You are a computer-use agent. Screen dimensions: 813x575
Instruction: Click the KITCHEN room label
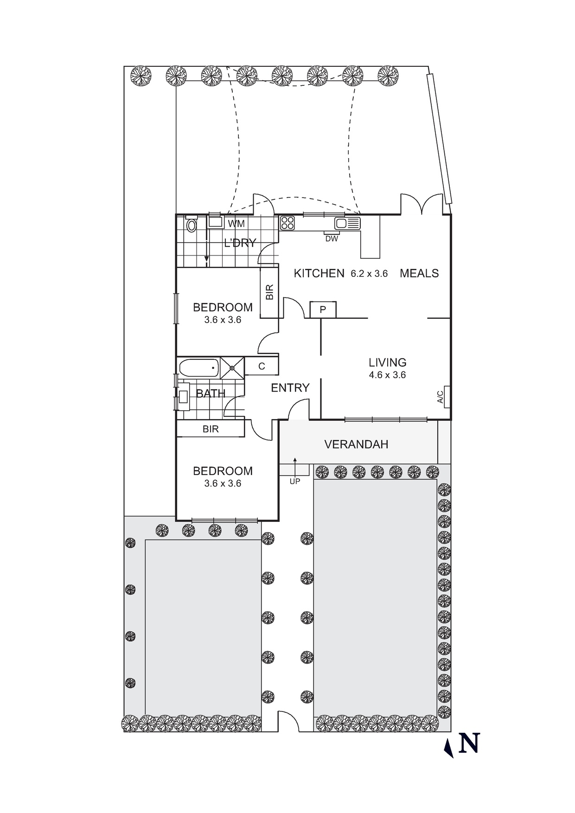pyautogui.click(x=319, y=273)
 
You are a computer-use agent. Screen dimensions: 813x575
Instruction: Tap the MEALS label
pyautogui.click(x=419, y=273)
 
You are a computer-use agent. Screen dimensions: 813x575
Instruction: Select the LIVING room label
pyautogui.click(x=388, y=362)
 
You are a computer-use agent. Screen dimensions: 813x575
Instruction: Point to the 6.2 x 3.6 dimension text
pyautogui.click(x=369, y=274)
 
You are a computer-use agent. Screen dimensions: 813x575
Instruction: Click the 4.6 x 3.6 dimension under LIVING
pyautogui.click(x=387, y=375)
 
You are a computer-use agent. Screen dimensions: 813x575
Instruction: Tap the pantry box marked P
pyautogui.click(x=323, y=310)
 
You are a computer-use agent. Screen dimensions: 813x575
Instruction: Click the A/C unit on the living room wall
pyautogui.click(x=446, y=397)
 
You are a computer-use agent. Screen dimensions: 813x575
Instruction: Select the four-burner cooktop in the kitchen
pyautogui.click(x=287, y=223)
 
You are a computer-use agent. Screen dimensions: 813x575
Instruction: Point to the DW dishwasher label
pyautogui.click(x=332, y=239)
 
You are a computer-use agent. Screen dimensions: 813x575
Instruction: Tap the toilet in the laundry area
pyautogui.click(x=191, y=226)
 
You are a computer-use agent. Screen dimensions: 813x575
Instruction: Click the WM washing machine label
pyautogui.click(x=236, y=224)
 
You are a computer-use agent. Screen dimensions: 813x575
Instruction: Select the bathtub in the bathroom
pyautogui.click(x=199, y=368)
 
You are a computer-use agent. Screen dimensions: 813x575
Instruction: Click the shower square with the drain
pyautogui.click(x=232, y=368)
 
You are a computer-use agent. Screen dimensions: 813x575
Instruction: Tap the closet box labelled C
pyautogui.click(x=262, y=366)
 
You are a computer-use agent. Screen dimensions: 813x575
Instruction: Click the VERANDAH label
pyautogui.click(x=356, y=445)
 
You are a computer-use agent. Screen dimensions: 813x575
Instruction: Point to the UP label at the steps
pyautogui.click(x=295, y=481)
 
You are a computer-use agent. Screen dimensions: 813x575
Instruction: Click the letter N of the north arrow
pyautogui.click(x=469, y=743)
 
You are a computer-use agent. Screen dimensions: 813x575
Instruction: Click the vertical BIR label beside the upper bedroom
pyautogui.click(x=270, y=292)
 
